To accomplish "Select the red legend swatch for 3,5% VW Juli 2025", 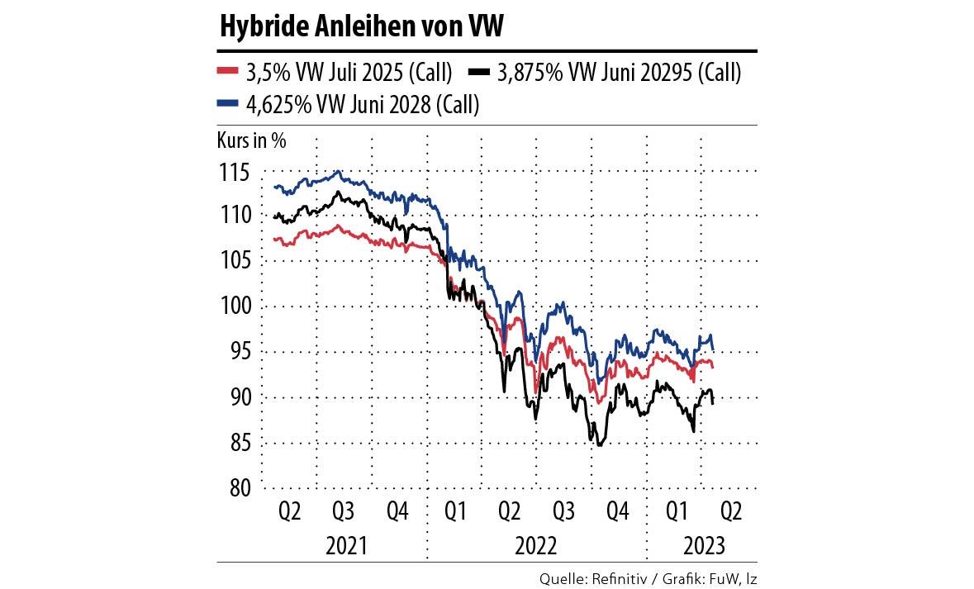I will [x=228, y=73].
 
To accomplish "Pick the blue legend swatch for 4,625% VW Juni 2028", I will [x=228, y=104].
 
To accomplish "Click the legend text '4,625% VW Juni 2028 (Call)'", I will [x=363, y=104].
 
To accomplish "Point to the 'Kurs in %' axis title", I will [x=252, y=140].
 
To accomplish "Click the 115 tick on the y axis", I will [x=235, y=174].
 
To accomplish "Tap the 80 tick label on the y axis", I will [x=240, y=488].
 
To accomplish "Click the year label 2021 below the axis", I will [x=347, y=545].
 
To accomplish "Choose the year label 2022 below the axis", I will [x=537, y=545].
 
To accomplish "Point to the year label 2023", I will [x=703, y=545].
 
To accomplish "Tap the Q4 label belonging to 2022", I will [x=618, y=512].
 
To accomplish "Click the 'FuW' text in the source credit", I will [x=723, y=579].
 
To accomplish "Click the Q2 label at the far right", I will [x=731, y=512].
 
